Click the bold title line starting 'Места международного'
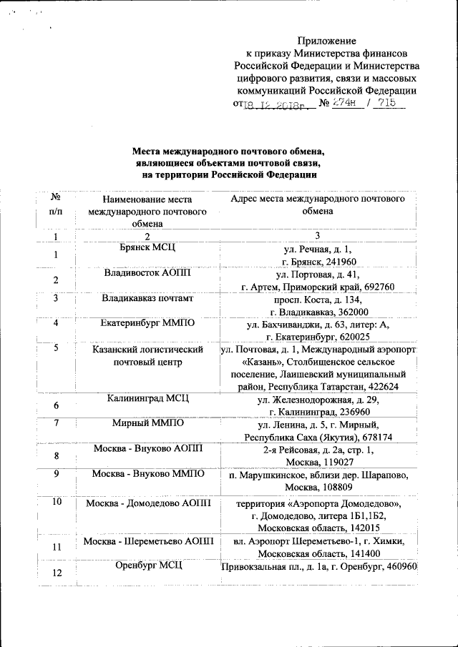point(228,152)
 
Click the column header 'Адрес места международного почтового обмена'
point(318,204)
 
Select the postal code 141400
point(376,555)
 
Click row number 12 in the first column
point(55,573)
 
